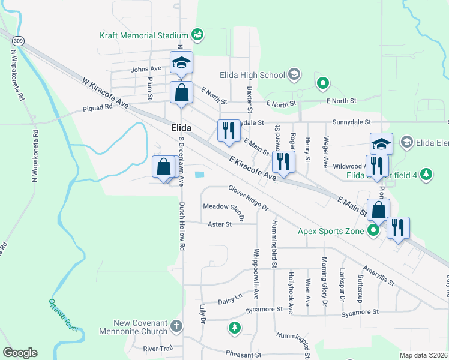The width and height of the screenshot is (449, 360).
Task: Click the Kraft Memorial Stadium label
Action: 144,35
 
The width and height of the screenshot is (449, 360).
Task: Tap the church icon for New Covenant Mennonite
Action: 176,326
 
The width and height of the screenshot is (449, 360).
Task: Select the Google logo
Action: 20,353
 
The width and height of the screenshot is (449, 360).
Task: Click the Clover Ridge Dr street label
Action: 248,197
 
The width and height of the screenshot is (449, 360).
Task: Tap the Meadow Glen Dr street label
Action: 223,211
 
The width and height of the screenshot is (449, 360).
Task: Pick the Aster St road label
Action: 219,224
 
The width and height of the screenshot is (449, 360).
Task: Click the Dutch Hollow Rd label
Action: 181,226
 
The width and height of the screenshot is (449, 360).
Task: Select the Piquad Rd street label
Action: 98,109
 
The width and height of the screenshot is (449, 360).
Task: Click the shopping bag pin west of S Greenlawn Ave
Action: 164,167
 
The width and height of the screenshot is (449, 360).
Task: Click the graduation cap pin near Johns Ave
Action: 181,62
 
